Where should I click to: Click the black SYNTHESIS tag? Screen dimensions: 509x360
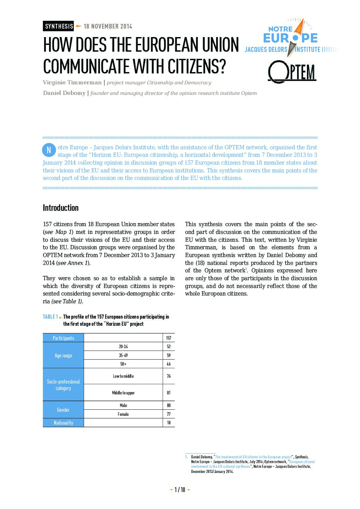click(59, 26)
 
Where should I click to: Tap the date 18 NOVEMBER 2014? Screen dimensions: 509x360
click(108, 26)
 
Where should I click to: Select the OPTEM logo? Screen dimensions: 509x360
click(292, 72)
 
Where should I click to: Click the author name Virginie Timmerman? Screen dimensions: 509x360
click(72, 83)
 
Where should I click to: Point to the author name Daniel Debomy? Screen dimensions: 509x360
click(64, 93)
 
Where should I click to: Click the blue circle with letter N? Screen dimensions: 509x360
click(49, 150)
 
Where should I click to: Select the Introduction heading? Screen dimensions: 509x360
click(61, 208)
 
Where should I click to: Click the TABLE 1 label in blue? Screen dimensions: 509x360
click(50, 317)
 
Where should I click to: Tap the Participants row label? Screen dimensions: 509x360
click(63, 338)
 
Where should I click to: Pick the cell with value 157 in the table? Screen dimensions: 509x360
click(169, 338)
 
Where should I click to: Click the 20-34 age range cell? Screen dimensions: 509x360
click(124, 346)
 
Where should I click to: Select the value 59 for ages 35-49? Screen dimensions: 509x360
click(169, 355)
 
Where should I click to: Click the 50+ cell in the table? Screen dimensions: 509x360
click(124, 364)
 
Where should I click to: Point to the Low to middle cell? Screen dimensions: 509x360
click(124, 376)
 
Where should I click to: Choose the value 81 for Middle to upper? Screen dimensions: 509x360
click(169, 393)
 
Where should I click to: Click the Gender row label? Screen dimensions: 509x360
click(63, 410)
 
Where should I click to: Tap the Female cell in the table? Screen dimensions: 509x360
click(124, 414)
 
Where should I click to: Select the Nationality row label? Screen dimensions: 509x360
click(63, 423)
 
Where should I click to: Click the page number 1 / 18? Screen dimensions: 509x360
click(180, 490)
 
